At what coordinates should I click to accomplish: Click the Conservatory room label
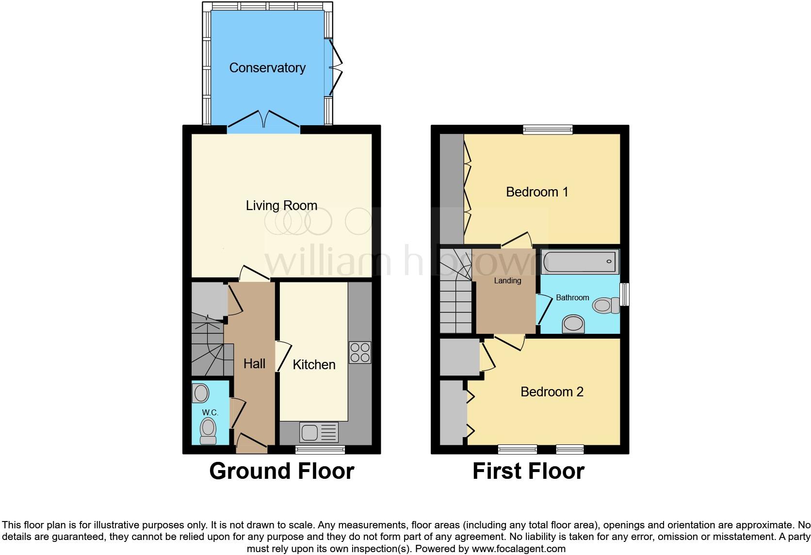[x=267, y=68]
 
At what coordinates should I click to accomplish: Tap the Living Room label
[x=281, y=206]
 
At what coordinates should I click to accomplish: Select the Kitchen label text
[x=314, y=365]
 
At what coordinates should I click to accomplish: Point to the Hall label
[x=254, y=364]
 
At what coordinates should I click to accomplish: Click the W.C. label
[x=210, y=412]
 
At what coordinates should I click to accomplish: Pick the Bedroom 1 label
[x=537, y=192]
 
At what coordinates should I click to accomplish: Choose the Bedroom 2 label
[x=551, y=392]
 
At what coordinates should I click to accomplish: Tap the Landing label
[x=507, y=281]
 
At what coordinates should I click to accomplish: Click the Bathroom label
[x=572, y=298]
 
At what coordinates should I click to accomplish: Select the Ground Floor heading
[x=281, y=471]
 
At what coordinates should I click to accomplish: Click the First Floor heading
[x=528, y=471]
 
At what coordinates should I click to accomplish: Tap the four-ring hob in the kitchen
[x=360, y=353]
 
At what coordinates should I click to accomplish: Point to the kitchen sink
[x=319, y=432]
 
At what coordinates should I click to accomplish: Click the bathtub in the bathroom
[x=580, y=262]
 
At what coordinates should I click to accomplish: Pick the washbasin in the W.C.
[x=201, y=393]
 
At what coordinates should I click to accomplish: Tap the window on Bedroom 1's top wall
[x=548, y=130]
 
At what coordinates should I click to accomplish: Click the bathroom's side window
[x=625, y=294]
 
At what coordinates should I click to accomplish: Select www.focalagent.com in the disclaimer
[x=519, y=549]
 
